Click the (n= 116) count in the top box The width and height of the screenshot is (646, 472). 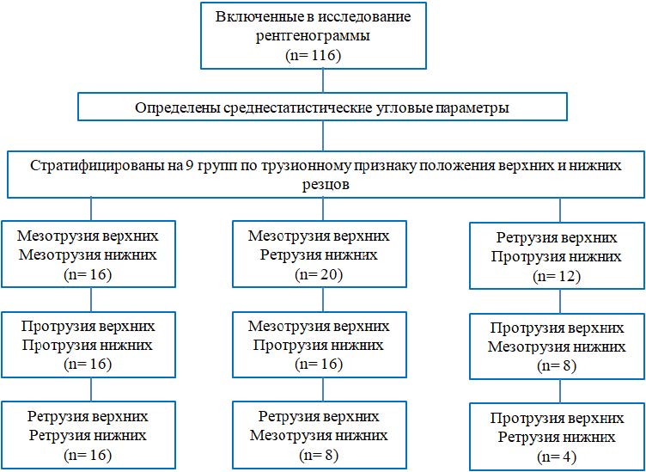click(x=323, y=56)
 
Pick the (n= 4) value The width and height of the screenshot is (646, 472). click(x=558, y=457)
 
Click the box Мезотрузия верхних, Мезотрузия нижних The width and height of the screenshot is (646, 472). click(x=90, y=254)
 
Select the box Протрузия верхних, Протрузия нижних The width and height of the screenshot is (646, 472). click(x=90, y=344)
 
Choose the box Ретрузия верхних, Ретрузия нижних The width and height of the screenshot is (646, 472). click(x=90, y=435)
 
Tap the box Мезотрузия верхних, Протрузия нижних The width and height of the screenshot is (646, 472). click(x=319, y=344)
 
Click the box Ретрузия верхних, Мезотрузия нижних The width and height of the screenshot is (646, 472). click(x=319, y=435)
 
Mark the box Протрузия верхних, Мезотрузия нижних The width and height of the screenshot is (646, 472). click(x=558, y=346)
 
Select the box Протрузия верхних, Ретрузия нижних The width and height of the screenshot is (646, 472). click(x=558, y=437)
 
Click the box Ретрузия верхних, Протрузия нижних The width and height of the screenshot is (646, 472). click(x=558, y=256)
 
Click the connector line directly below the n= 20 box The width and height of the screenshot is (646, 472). click(x=323, y=299)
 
